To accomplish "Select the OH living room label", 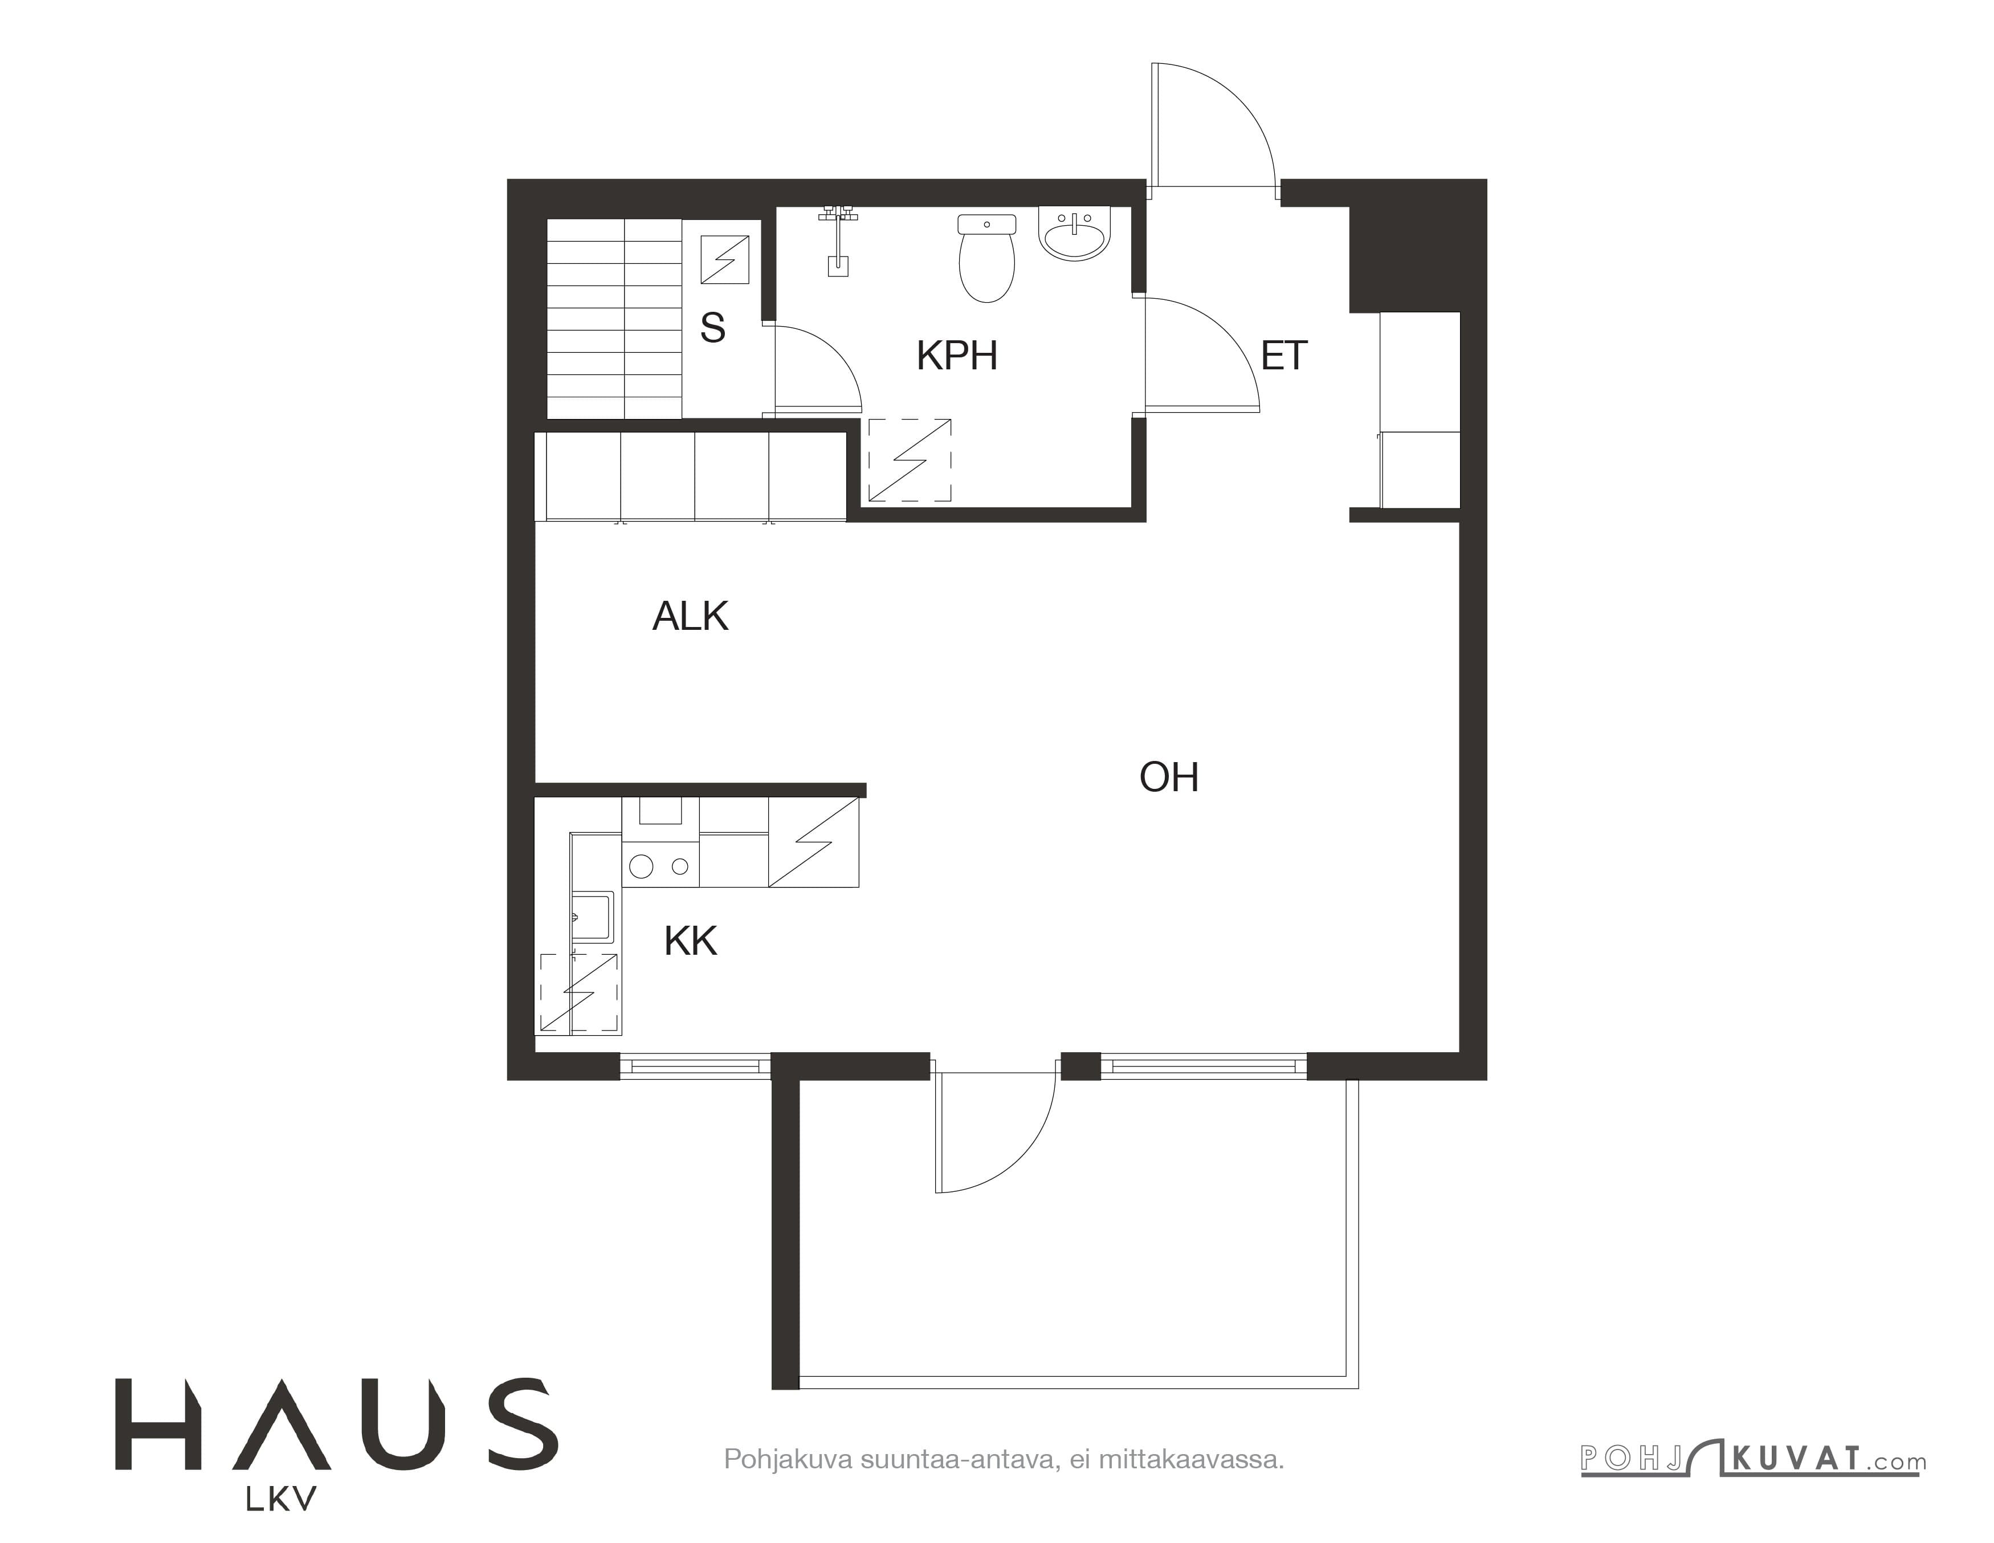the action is click(x=1169, y=777).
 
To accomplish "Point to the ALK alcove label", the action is click(x=690, y=616).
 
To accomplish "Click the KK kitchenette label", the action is click(x=690, y=941).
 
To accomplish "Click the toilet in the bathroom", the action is click(x=987, y=258).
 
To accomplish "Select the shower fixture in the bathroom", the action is click(x=837, y=240).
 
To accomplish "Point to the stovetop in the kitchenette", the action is click(x=660, y=865).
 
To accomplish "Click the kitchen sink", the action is click(x=593, y=917).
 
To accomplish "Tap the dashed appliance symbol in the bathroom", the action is click(x=910, y=460).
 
